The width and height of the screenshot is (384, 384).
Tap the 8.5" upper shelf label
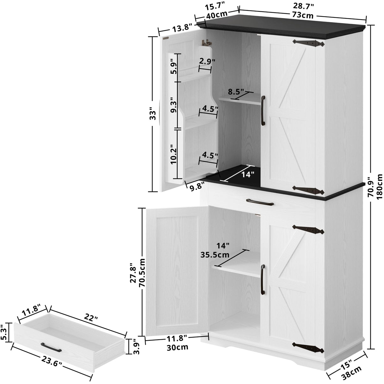(x=236, y=92)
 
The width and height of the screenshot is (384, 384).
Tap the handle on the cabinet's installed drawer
(x=260, y=201)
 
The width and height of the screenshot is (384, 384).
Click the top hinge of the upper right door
(x=307, y=43)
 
